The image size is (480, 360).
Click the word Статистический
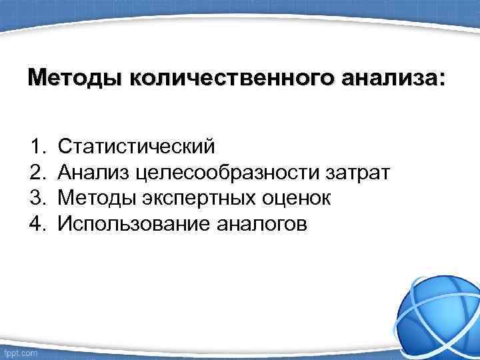(x=136, y=145)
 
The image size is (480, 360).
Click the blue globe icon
(x=436, y=310)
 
